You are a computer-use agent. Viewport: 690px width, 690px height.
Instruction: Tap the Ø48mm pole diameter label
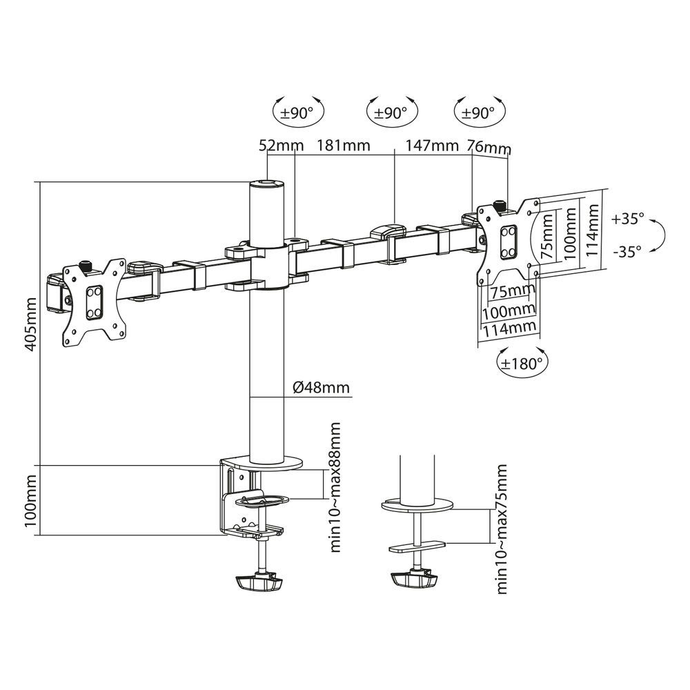[x=321, y=388]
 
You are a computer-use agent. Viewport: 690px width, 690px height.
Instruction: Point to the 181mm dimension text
[x=343, y=146]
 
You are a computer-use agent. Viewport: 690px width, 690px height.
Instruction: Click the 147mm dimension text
[x=433, y=146]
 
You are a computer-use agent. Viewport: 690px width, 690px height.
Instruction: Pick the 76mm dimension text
[x=489, y=148]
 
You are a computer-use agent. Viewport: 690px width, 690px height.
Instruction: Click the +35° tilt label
[x=627, y=219]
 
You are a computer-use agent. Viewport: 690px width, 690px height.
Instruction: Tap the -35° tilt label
[x=627, y=251]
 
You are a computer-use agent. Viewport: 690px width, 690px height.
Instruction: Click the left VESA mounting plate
[x=93, y=301]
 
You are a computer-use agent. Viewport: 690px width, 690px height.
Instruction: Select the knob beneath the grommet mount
[x=415, y=580]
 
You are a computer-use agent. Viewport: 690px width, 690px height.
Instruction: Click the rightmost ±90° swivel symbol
[x=478, y=113]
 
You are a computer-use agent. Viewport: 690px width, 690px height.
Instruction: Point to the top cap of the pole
[x=266, y=184]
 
